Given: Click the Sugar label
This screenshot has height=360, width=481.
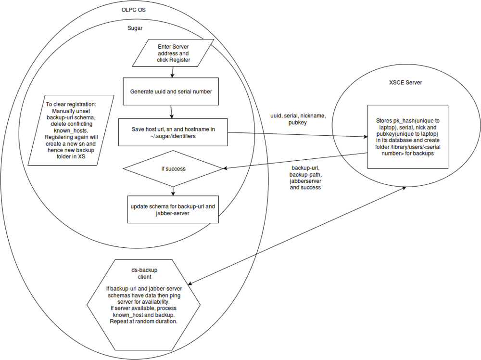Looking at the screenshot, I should pos(134,28).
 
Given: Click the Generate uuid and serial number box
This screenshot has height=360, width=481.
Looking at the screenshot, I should pos(171,91).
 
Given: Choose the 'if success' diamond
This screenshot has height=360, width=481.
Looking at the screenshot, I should pos(173,169).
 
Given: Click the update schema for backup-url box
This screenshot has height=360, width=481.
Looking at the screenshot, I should pos(173,209).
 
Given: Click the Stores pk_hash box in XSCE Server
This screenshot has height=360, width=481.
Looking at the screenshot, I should pos(408,136).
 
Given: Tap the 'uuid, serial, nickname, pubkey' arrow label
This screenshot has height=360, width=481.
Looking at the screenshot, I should pos(298,119).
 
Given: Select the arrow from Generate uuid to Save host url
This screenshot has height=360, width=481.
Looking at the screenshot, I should pos(172,112).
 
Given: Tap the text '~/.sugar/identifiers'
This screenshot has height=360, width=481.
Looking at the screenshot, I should pos(172,137).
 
